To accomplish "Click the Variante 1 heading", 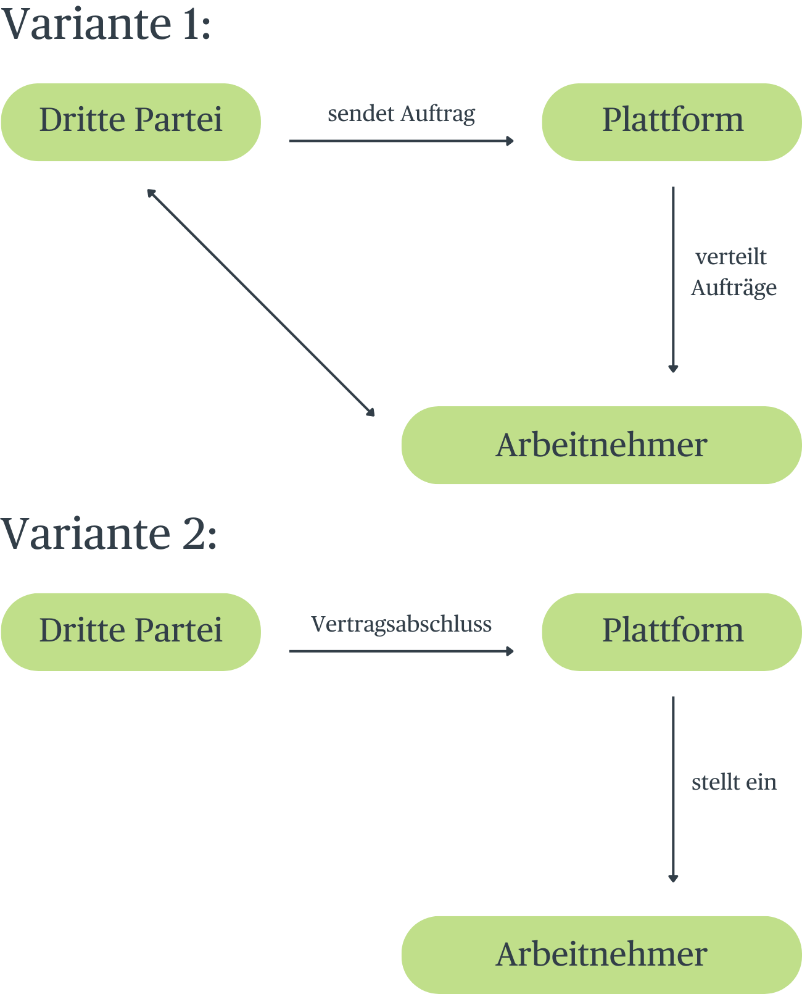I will [106, 25].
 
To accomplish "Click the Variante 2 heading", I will [109, 534].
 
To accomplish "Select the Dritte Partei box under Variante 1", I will [131, 122].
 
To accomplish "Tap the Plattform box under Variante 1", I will [672, 122].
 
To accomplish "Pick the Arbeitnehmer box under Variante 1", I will [601, 445].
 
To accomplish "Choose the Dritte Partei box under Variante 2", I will [131, 632].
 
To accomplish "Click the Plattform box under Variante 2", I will [672, 632].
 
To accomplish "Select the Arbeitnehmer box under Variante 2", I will [601, 954].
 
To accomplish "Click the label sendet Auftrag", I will [401, 114].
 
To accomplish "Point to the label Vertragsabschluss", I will [401, 624].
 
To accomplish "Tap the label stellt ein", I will [734, 782].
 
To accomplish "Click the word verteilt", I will [731, 257].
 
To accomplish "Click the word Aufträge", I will [734, 288].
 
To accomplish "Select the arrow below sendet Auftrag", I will [401, 141].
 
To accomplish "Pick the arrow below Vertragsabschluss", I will [401, 651].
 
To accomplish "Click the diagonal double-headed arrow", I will [260, 303].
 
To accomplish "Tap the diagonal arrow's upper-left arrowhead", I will [150, 192].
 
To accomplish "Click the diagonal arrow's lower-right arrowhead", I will [371, 413].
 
